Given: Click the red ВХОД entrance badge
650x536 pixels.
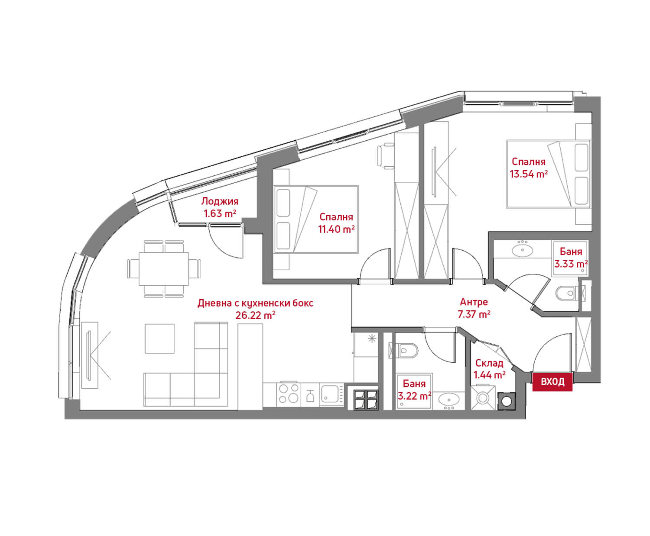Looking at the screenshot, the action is (x=552, y=381).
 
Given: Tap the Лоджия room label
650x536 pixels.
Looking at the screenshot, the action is (x=220, y=201).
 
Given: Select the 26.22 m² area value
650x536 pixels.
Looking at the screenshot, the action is (x=255, y=316).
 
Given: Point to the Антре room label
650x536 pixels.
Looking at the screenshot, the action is (x=474, y=302).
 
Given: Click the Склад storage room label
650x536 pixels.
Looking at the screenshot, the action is (x=489, y=363).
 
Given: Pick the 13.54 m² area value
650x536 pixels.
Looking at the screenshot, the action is (x=529, y=174).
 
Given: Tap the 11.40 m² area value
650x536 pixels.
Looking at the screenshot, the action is (x=336, y=229).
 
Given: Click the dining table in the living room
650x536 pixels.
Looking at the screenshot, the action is (x=163, y=269).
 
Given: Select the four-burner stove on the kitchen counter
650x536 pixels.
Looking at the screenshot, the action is (x=288, y=394).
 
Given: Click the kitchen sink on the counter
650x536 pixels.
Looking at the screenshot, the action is (x=332, y=394).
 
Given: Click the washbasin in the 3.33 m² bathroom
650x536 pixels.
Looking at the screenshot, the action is (x=522, y=250).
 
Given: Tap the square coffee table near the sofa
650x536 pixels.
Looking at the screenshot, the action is (x=159, y=339).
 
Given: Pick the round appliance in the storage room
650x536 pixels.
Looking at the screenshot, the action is (x=507, y=401).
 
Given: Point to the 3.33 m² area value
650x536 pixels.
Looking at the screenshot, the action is (x=571, y=264).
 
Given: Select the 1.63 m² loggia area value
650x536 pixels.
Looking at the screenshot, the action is (x=220, y=214).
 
